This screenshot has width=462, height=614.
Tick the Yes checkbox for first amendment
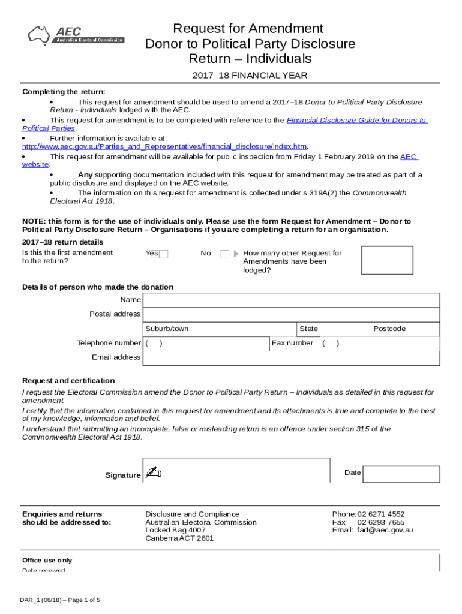pyautogui.click(x=163, y=254)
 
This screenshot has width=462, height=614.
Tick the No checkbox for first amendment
pyautogui.click(x=225, y=254)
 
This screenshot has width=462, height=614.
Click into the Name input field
pyautogui.click(x=292, y=300)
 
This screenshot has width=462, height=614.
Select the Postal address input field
pyautogui.click(x=292, y=314)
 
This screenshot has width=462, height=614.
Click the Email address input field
pyautogui.click(x=292, y=358)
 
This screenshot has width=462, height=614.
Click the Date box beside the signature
pyautogui.click(x=401, y=474)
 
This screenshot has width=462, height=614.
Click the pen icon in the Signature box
pyautogui.click(x=154, y=472)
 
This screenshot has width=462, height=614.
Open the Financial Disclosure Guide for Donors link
pyautogui.click(x=356, y=120)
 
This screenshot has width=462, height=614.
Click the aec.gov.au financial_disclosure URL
pyautogui.click(x=165, y=146)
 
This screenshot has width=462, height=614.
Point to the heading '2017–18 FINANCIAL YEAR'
pyautogui.click(x=250, y=76)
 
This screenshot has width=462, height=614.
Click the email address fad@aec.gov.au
pyautogui.click(x=385, y=530)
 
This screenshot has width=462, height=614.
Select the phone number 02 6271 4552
pyautogui.click(x=381, y=514)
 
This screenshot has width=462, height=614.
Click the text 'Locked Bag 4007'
pyautogui.click(x=175, y=530)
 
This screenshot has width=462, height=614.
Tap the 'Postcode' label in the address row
pyautogui.click(x=389, y=329)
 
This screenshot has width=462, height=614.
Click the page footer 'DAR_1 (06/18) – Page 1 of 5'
pyautogui.click(x=59, y=600)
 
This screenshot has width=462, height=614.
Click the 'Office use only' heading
pyautogui.click(x=47, y=560)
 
